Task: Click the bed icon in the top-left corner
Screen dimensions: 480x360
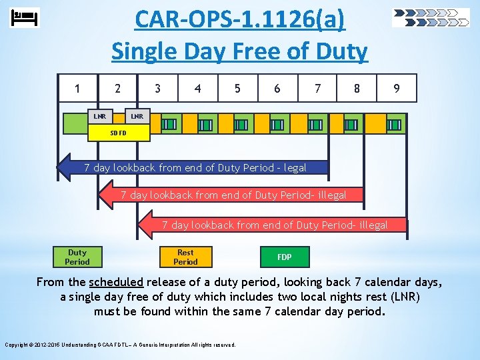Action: click(25, 17)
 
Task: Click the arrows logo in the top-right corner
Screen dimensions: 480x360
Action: click(431, 17)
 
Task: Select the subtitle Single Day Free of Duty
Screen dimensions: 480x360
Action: click(240, 51)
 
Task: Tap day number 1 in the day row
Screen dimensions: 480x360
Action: click(78, 88)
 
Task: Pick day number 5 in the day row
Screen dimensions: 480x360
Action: click(237, 88)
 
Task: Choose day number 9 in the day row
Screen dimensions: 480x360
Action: click(397, 88)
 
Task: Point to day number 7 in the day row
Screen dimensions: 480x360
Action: click(317, 88)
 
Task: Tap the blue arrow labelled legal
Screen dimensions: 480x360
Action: click(193, 168)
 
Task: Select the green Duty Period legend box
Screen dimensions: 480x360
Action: click(77, 257)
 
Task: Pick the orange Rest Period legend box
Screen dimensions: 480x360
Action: click(185, 257)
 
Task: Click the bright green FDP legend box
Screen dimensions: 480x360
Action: click(284, 257)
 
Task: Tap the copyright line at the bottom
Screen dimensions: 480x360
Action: click(120, 345)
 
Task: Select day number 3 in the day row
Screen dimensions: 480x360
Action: click(157, 88)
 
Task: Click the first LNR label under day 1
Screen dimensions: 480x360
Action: click(99, 117)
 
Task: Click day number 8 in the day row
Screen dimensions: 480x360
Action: click(357, 88)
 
